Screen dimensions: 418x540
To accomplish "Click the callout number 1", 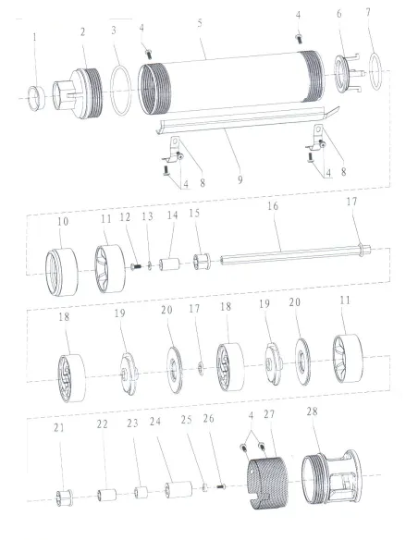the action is (x=34, y=37).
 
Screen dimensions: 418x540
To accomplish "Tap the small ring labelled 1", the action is (x=36, y=99).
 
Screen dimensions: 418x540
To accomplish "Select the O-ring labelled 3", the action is (x=121, y=91).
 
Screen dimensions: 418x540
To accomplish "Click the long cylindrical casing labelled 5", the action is (x=231, y=82).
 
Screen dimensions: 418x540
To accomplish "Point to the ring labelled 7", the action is (x=376, y=71).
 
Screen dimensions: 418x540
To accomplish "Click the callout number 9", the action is (x=240, y=179).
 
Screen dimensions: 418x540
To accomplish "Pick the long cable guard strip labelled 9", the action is (x=248, y=119).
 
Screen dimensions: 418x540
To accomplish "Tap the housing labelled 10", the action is (x=62, y=272).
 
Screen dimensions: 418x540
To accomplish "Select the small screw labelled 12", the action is (x=136, y=266).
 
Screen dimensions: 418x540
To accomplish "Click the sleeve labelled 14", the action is (x=169, y=264).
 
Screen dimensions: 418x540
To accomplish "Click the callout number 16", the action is (x=273, y=206).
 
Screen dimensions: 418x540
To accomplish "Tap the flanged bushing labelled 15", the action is (x=202, y=262).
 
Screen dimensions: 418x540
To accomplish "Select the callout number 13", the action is (x=147, y=216).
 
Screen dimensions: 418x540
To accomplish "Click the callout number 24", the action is (x=155, y=422).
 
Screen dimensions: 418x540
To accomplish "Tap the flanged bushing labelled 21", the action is (x=65, y=498).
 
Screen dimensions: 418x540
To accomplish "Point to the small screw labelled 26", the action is (x=221, y=486).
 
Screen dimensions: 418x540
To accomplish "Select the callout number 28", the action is (x=312, y=411).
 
